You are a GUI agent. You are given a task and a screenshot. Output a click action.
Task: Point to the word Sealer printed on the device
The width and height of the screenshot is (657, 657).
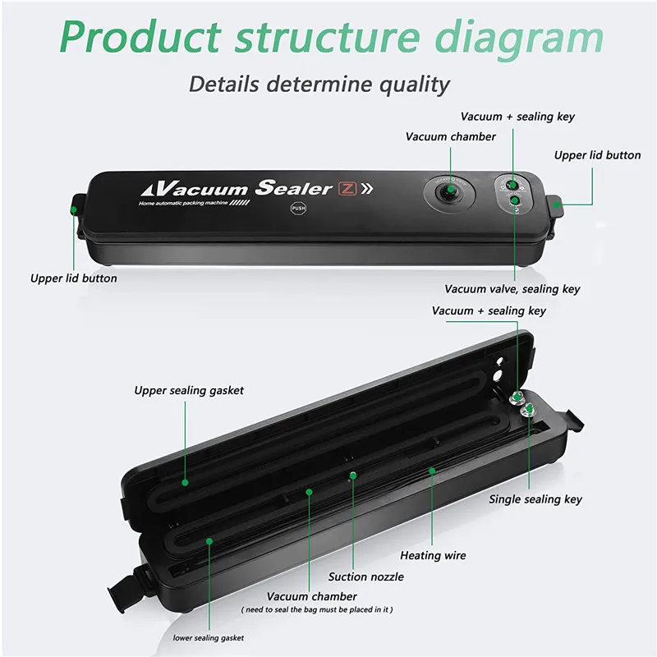click(293, 187)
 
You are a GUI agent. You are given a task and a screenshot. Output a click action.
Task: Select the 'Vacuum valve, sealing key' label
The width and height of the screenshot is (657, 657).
click(512, 289)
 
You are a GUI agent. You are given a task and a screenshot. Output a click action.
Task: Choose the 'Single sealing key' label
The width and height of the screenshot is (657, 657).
click(535, 499)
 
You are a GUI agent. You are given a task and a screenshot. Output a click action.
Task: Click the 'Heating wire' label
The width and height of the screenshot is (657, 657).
click(433, 556)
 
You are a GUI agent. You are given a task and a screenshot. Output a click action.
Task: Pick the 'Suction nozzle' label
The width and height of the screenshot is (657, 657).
click(366, 577)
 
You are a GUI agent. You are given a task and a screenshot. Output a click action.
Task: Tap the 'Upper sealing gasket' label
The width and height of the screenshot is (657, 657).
click(189, 391)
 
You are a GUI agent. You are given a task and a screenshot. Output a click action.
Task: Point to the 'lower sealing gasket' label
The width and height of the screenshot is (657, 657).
click(208, 637)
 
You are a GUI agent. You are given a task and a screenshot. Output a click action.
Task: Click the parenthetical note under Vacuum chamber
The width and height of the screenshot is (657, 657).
click(316, 609)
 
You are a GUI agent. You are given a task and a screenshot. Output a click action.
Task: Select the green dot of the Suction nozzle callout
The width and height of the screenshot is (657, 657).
click(352, 475)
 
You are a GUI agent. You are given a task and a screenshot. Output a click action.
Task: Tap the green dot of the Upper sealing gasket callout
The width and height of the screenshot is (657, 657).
click(185, 484)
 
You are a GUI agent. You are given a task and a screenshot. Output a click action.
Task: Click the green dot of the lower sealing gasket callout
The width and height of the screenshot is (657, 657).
click(209, 540)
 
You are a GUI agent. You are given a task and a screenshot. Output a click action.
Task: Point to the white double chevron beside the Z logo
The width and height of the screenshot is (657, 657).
click(367, 189)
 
